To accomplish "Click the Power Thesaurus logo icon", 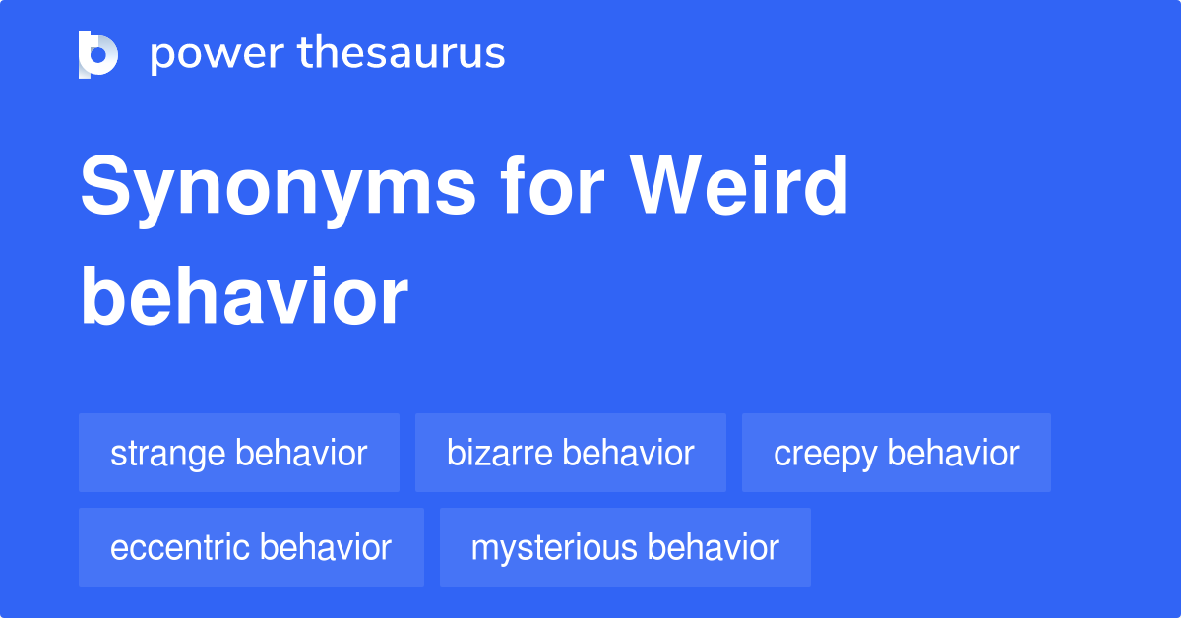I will pyautogui.click(x=98, y=54).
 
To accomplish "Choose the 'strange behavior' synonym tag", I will pyautogui.click(x=239, y=453).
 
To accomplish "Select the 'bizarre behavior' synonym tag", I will pyautogui.click(x=571, y=453).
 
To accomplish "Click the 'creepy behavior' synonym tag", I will pyautogui.click(x=897, y=453).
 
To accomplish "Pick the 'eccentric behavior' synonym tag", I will pyautogui.click(x=251, y=547).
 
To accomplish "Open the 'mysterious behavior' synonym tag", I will pyautogui.click(x=625, y=547).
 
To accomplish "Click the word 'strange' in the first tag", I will pyautogui.click(x=168, y=453).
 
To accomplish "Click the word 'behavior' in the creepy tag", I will pyautogui.click(x=954, y=453).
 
